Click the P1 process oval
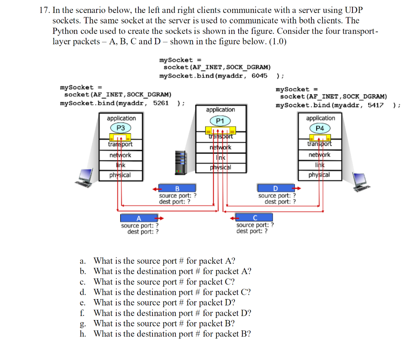220,121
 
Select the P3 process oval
121,128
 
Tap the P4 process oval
320,128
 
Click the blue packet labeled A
139,218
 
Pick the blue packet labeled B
177,188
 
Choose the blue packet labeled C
254,217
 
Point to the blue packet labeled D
276,188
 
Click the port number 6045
260,76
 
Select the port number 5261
161,103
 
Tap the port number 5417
375,105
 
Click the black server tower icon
181,163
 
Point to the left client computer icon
84,178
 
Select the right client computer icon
361,182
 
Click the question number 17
44,10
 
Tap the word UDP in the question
354,10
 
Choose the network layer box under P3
121,155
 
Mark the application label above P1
220,110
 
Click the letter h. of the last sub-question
83,334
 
